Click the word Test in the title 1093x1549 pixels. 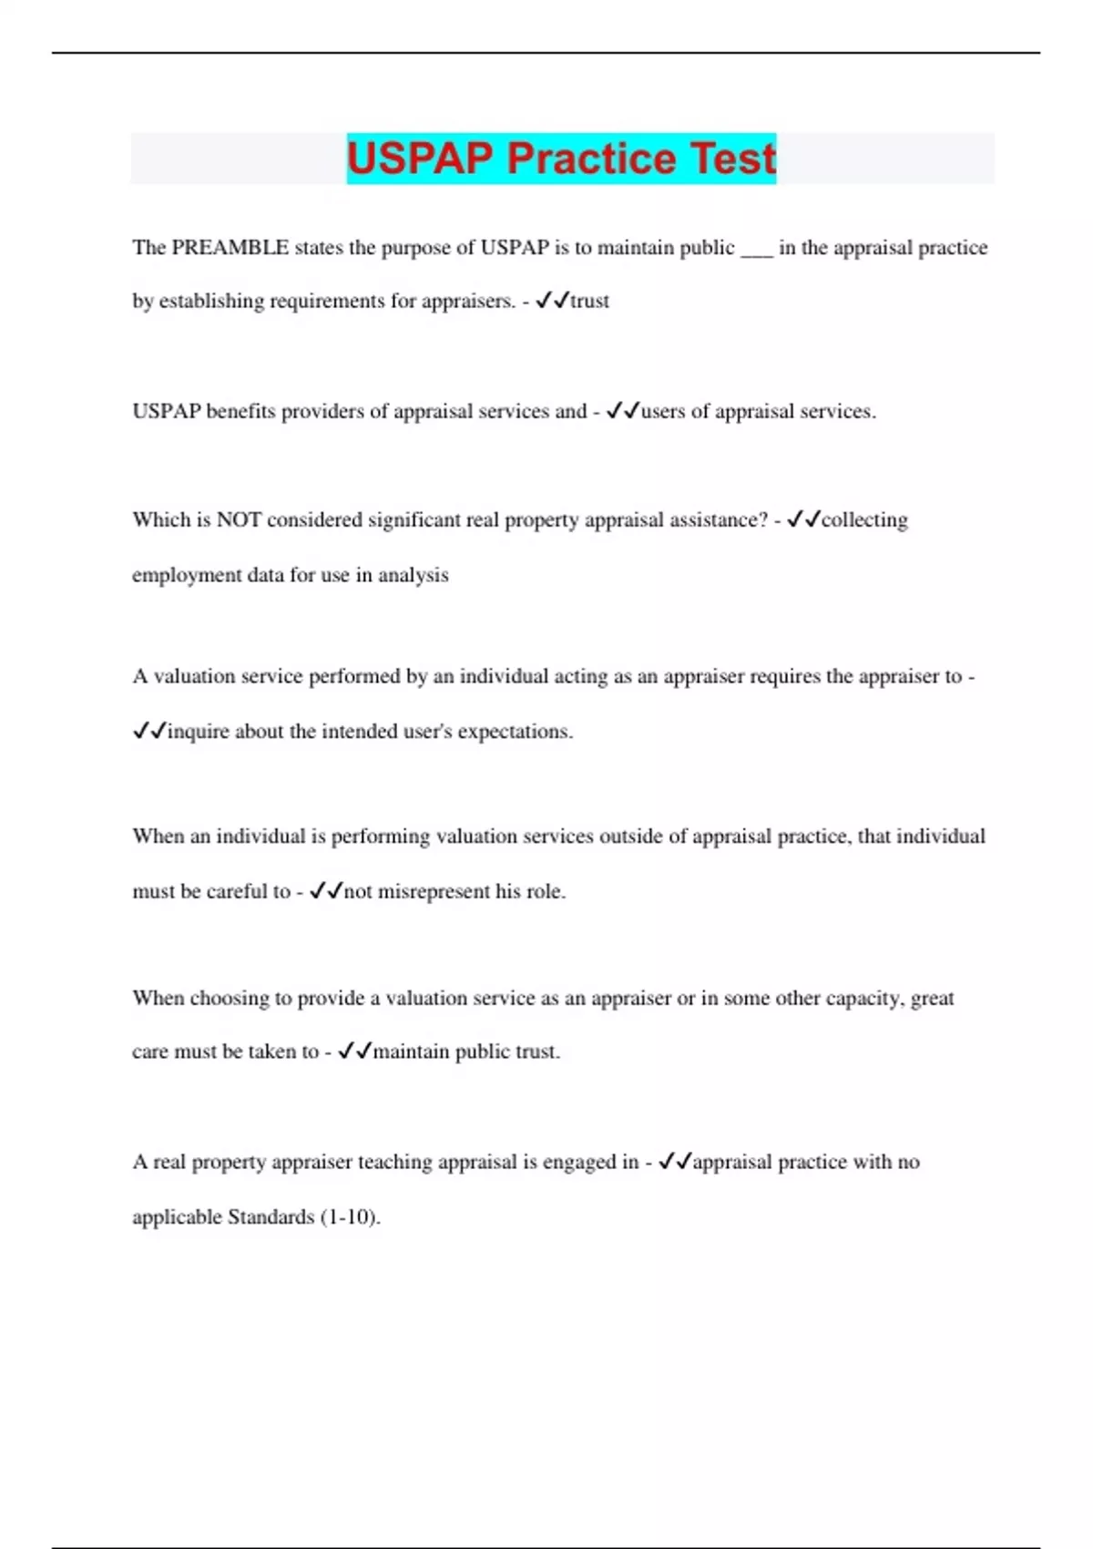[733, 158]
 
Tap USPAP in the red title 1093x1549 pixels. [420, 158]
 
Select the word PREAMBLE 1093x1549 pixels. [230, 248]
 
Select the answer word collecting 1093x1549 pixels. [864, 520]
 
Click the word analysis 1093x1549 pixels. [414, 576]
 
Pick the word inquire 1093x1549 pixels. [199, 732]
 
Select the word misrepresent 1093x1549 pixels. [434, 892]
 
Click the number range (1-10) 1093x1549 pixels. [351, 1217]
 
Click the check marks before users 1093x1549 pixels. [623, 412]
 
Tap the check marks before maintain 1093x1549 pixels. [355, 1051]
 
